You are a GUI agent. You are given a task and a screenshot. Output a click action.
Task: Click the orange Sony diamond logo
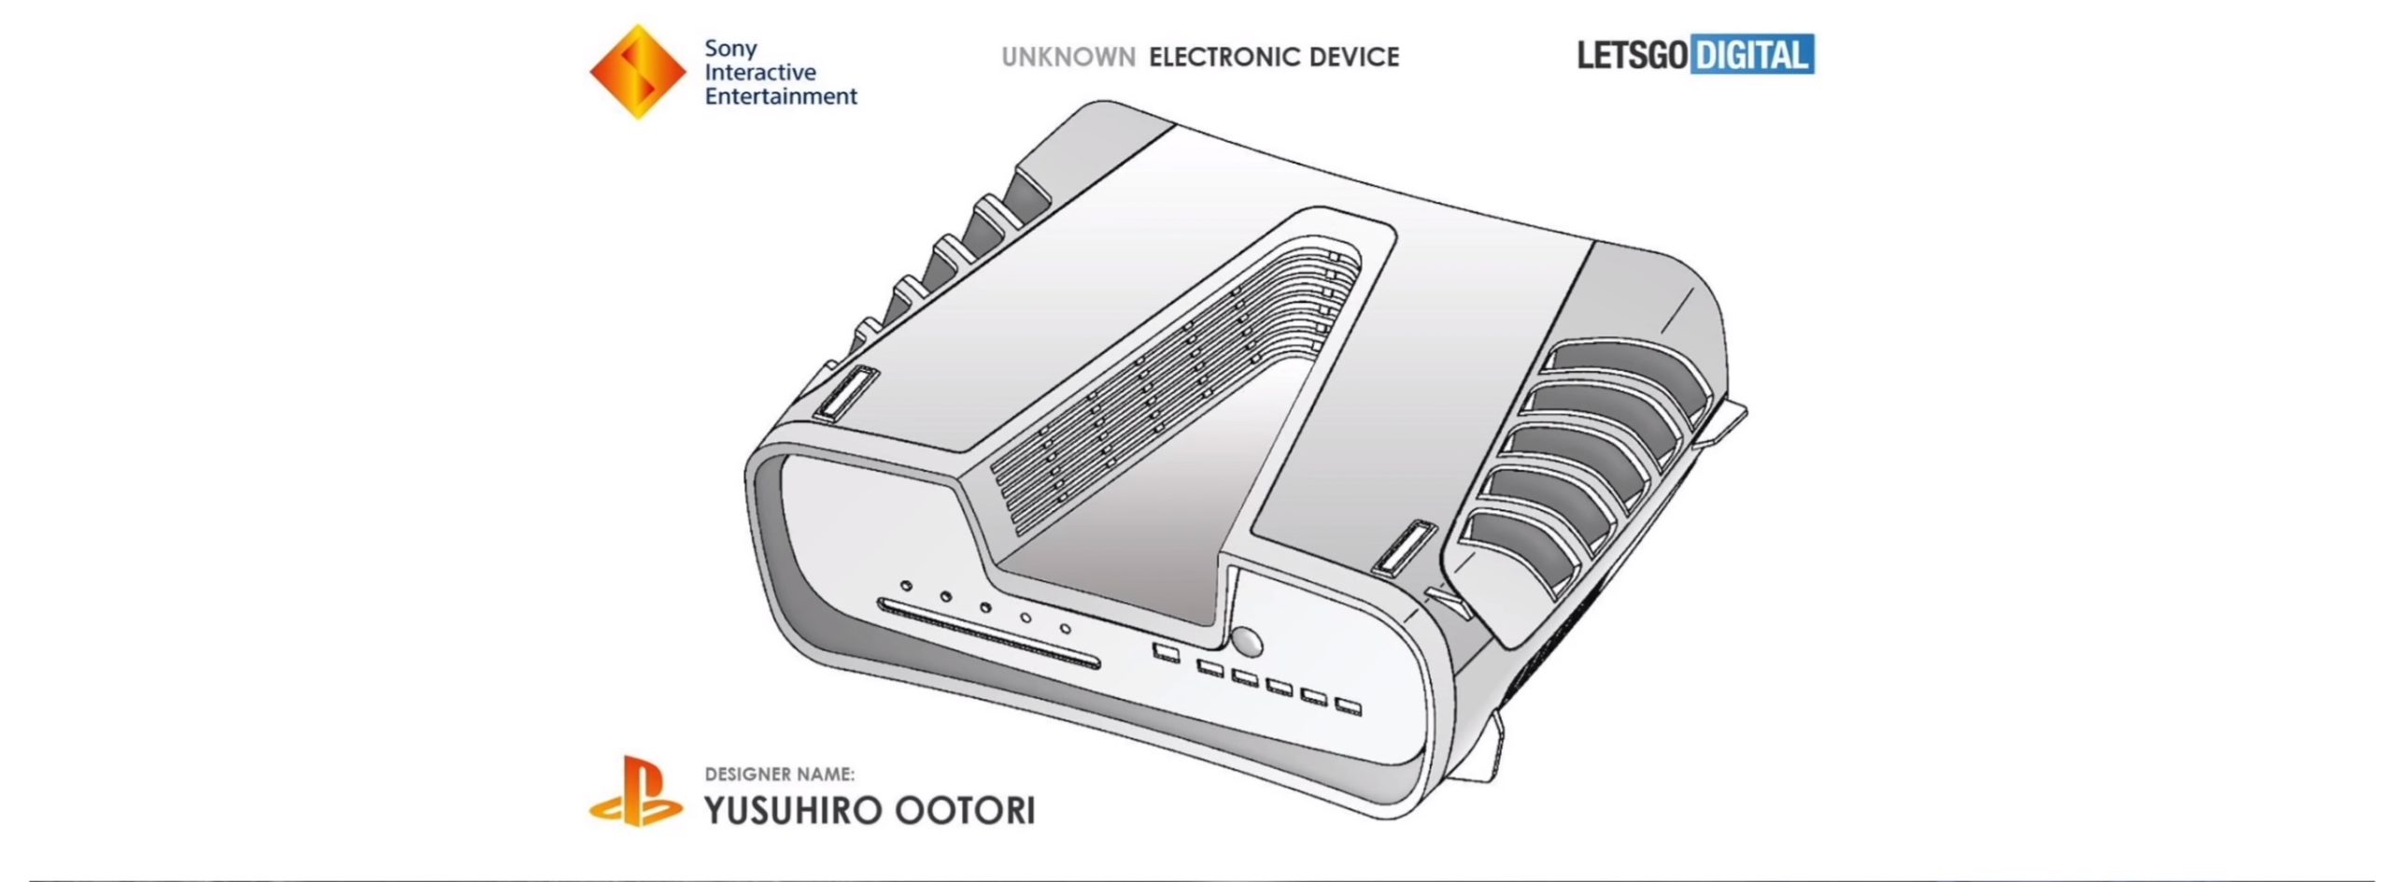tap(638, 72)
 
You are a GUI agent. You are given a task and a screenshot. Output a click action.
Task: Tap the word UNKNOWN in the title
tap(1068, 57)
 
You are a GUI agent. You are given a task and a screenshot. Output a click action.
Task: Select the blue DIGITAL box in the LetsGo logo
tap(1751, 55)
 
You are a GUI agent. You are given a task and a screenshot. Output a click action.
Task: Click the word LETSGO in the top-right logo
tap(1633, 55)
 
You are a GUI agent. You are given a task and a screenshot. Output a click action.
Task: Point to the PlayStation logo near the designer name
tap(636, 792)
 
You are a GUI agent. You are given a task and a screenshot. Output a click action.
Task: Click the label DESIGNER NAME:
tap(779, 774)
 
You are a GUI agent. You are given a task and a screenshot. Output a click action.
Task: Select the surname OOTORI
tap(965, 810)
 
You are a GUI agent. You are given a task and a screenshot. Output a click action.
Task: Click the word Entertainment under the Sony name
tap(781, 96)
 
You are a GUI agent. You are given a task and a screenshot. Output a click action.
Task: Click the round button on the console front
tap(1247, 643)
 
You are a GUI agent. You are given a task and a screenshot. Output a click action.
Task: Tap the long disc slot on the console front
tap(989, 634)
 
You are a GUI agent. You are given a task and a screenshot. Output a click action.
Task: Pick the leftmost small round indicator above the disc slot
tap(906, 586)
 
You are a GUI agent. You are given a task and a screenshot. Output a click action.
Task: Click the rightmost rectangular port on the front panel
tap(1348, 706)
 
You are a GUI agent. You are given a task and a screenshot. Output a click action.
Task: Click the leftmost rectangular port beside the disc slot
tap(1166, 651)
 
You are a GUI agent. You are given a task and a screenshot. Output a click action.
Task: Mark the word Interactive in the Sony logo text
tap(760, 72)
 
